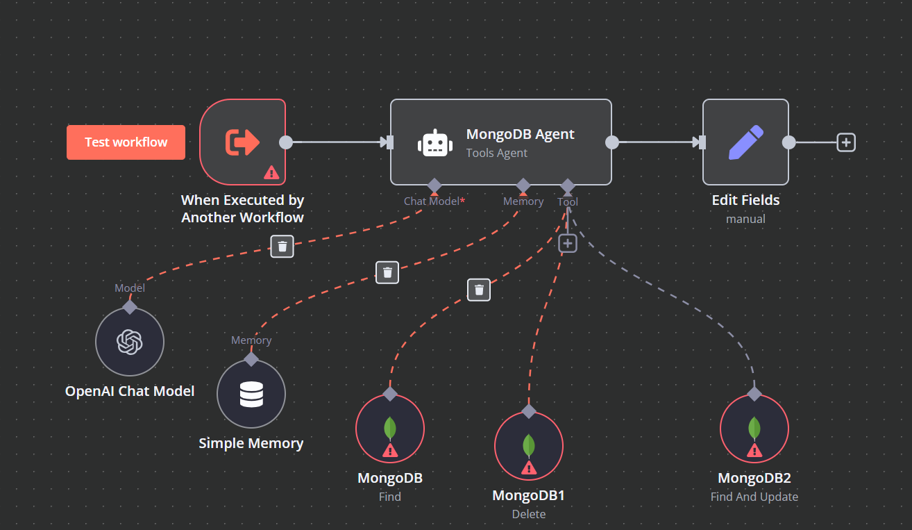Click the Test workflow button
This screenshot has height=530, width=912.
[x=126, y=142]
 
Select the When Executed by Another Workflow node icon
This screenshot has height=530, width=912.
[x=242, y=142]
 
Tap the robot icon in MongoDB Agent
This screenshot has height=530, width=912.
[x=434, y=143]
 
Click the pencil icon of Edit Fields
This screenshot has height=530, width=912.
[x=745, y=142]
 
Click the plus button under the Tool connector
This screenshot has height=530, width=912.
[x=568, y=244]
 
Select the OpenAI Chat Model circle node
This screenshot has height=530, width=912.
[x=130, y=341]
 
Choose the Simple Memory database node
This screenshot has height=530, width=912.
[x=251, y=394]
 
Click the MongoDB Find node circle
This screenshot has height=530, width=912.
[x=390, y=429]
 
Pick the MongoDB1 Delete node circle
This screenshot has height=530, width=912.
[x=529, y=446]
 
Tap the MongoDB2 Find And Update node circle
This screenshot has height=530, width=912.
[x=754, y=429]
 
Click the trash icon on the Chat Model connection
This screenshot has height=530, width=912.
[x=282, y=247]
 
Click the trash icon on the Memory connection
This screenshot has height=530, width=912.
[x=387, y=272]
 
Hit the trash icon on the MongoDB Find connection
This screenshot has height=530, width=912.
[x=479, y=290]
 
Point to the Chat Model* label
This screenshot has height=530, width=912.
[x=434, y=201]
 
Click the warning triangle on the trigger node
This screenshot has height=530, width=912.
[x=271, y=173]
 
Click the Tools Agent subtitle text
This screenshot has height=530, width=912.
[x=497, y=154]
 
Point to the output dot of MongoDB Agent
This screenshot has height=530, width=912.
[x=612, y=142]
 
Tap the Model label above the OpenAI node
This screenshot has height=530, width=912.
[x=130, y=288]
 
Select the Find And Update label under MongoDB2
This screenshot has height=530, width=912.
[x=754, y=497]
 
